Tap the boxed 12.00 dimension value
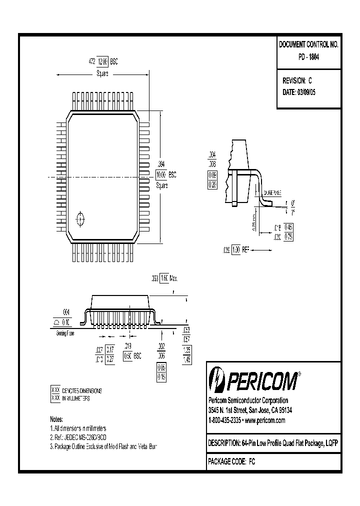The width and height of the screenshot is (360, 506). tap(102, 61)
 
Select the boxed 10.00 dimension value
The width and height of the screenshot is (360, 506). tap(161, 175)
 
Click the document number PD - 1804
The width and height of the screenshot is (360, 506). tap(308, 57)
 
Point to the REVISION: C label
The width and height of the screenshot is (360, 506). tap(297, 80)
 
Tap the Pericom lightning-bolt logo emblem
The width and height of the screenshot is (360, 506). tap(217, 380)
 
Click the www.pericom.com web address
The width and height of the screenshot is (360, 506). tap(265, 420)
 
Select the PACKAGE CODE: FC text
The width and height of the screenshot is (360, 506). tap(231, 462)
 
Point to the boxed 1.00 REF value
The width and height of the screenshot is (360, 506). tap(236, 249)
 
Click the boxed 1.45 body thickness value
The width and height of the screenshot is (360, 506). tap(187, 359)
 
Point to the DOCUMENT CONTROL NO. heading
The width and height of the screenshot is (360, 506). tap(308, 44)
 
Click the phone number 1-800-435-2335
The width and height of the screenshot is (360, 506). tap(226, 420)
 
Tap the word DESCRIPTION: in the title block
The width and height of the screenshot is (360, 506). tap(224, 443)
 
